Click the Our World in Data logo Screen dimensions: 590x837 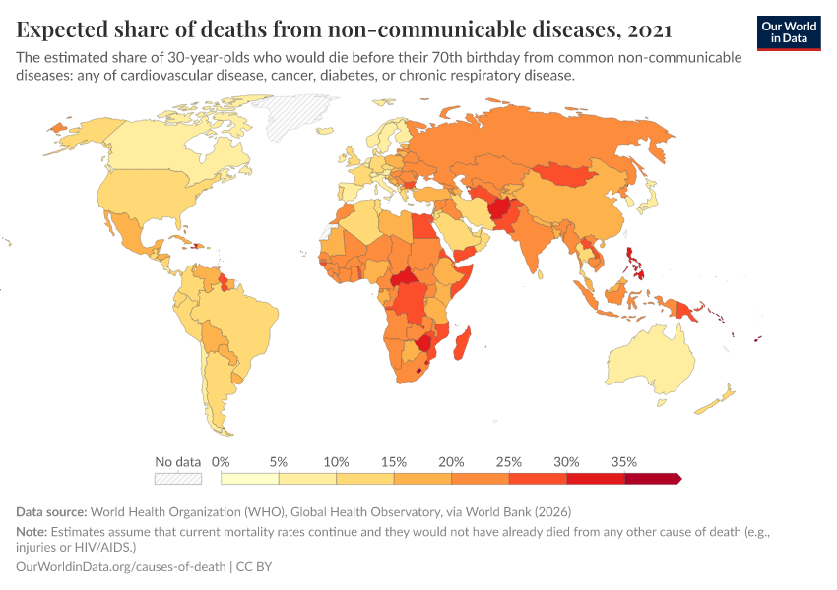tap(789, 33)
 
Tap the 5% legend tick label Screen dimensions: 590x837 tap(279, 461)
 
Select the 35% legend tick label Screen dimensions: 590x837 tap(624, 461)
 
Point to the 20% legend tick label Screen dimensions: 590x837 tap(452, 461)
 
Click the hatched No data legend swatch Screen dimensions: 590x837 tap(178, 479)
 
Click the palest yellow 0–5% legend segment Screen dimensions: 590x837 tap(250, 479)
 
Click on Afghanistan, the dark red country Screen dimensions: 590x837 tap(501, 208)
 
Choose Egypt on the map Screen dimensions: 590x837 tap(420, 226)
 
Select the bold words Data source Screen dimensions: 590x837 tap(51, 512)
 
